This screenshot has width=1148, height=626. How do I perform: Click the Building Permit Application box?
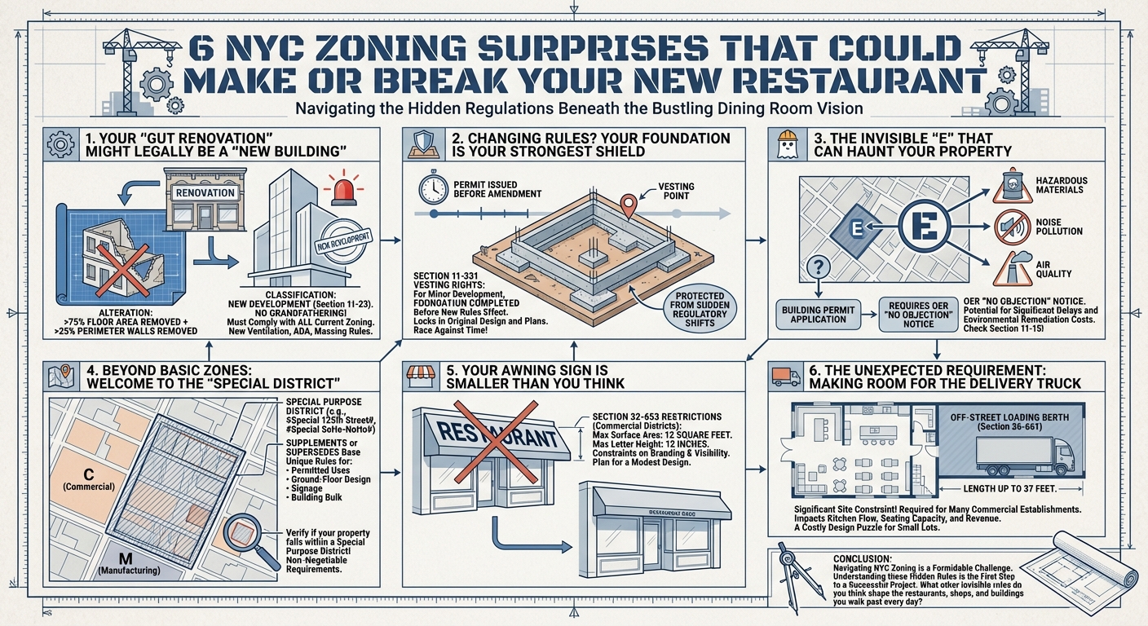[817, 315]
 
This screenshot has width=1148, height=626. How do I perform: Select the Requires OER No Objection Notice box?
[917, 315]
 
